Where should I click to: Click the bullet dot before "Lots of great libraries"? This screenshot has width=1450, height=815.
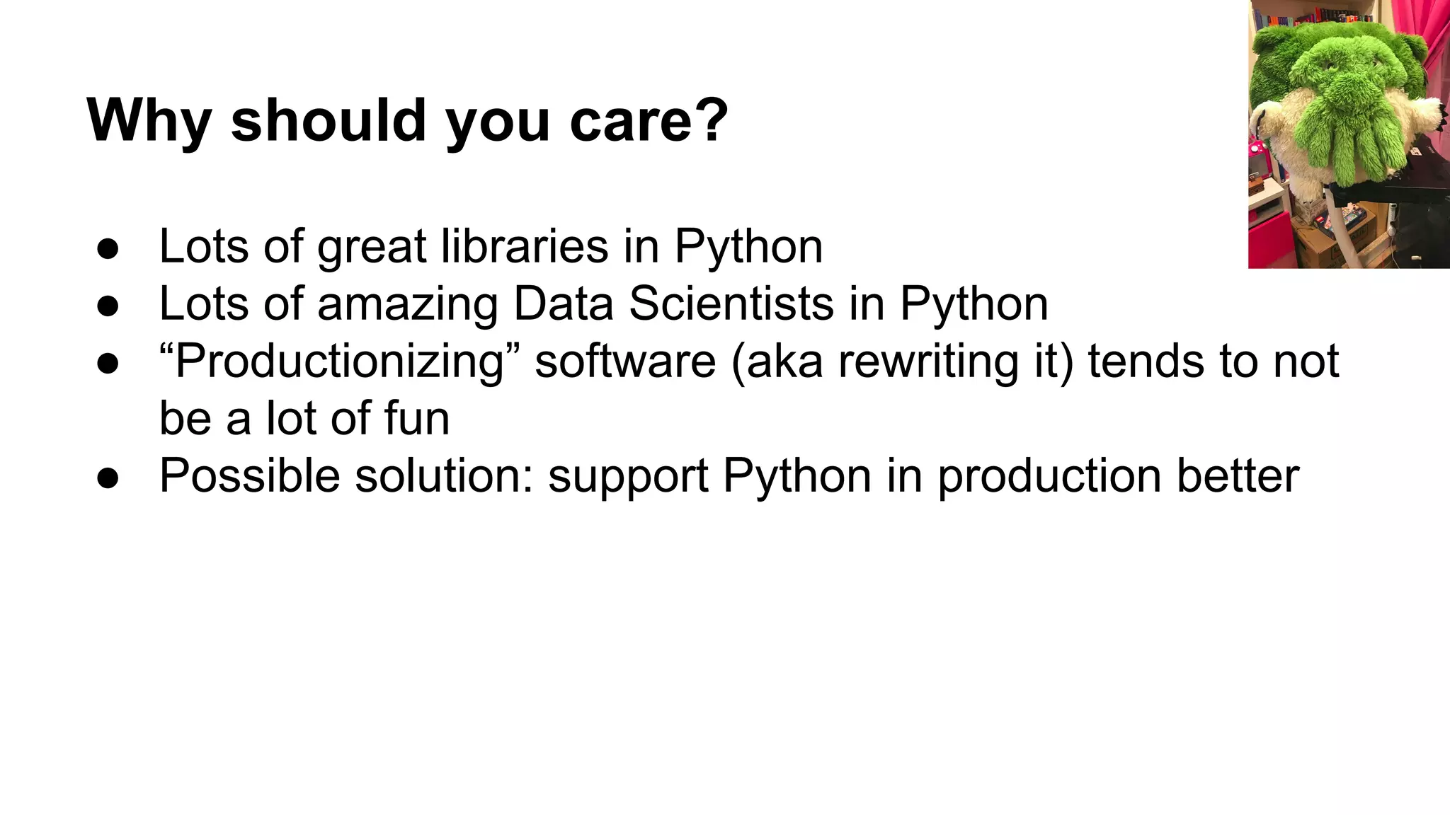108,250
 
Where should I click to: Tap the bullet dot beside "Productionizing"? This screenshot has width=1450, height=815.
108,364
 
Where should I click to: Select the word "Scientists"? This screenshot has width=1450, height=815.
731,304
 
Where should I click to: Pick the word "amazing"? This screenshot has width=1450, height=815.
407,305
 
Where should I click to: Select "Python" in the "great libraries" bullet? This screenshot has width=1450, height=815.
748,248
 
